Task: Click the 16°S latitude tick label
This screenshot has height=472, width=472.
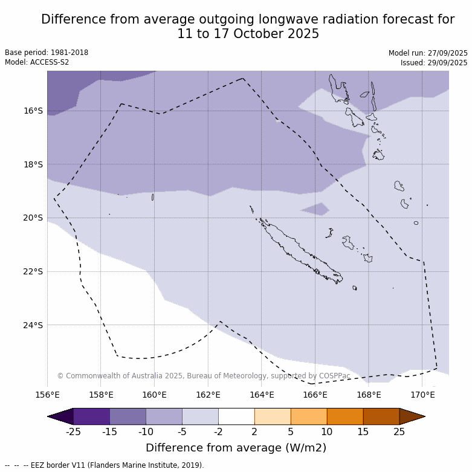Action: pos(33,111)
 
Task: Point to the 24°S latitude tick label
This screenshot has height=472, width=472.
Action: pos(33,325)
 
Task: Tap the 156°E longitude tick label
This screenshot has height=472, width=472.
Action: pos(47,395)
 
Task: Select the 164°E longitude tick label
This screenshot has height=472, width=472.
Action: pos(262,395)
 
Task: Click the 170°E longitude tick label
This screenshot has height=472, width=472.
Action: pos(422,395)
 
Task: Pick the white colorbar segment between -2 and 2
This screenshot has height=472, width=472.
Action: pos(236,416)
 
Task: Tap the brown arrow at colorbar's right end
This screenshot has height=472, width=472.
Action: pos(412,416)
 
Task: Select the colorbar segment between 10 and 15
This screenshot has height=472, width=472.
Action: pos(345,416)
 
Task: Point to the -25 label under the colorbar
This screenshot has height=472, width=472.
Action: pos(73,432)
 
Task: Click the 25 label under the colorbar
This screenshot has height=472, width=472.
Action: pos(399,432)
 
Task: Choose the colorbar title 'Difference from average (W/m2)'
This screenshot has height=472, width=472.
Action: pos(236,448)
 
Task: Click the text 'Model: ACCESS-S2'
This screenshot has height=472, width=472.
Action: pos(37,62)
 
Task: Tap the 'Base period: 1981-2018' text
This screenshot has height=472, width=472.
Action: pos(47,53)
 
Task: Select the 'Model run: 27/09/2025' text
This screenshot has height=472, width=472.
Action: pos(428,53)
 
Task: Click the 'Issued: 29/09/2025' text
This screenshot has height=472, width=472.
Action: pos(434,63)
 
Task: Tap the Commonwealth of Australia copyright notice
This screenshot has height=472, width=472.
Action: pos(204,376)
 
